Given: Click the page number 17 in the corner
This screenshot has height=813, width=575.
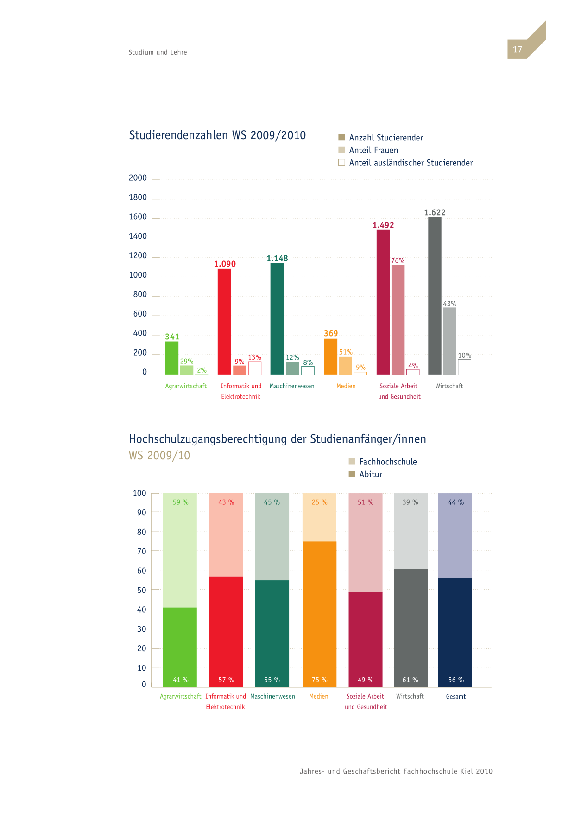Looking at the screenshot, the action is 518,50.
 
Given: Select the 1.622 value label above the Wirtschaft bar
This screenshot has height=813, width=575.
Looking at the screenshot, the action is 435,213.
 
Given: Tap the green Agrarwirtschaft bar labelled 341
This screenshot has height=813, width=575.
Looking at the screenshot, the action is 172,358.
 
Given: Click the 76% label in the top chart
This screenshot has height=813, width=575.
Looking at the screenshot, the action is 398,261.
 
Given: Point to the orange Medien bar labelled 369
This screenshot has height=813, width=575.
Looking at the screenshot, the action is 331,357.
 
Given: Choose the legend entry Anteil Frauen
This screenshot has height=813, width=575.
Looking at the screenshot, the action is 368,150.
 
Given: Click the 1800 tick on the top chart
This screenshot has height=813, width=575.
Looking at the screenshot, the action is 138,197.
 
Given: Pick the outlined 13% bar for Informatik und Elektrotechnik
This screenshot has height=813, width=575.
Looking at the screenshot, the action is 255,368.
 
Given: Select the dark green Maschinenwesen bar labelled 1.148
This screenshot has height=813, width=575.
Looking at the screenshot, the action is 277,319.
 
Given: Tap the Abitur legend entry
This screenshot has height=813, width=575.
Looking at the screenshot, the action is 366,474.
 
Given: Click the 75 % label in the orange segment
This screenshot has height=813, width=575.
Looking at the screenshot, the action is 320,680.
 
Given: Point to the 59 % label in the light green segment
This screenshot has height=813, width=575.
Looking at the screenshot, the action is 181,502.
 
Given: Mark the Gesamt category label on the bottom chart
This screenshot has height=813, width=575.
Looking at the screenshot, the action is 456,697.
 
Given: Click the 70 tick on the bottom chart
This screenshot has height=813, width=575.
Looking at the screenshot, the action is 142,552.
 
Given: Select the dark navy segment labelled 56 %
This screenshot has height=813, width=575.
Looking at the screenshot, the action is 455,633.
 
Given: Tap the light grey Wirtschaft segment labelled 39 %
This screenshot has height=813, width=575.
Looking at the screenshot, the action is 411,531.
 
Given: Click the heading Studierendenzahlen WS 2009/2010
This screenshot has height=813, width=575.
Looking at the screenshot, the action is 217,135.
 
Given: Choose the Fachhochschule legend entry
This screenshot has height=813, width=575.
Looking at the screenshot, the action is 383,462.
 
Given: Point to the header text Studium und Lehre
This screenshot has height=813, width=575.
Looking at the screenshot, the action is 158,52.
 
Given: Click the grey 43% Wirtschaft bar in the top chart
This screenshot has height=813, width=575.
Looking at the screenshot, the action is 449,341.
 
